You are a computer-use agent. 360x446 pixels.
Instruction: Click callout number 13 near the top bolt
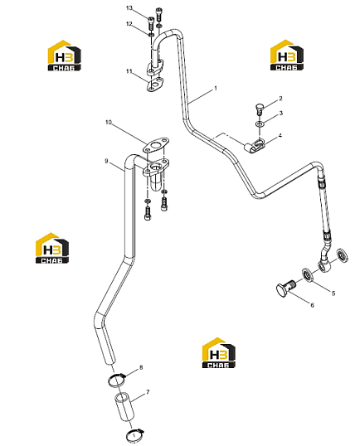129,8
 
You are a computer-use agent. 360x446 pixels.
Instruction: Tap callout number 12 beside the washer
129,24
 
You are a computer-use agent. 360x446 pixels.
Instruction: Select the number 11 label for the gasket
129,71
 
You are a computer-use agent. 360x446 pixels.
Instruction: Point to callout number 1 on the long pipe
216,89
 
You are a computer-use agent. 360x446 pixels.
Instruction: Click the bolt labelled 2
259,109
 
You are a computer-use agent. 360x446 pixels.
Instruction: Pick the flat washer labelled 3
260,124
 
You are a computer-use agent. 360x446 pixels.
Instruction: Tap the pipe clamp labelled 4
255,145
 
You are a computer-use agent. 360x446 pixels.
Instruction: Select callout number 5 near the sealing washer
333,293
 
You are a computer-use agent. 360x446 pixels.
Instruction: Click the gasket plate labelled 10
156,146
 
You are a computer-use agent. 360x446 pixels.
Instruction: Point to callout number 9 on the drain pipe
106,162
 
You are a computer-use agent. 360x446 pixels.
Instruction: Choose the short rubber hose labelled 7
124,407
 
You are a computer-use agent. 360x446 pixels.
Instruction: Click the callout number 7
148,392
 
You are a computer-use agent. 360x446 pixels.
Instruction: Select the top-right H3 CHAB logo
286,56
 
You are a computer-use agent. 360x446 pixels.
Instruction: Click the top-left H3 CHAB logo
64,56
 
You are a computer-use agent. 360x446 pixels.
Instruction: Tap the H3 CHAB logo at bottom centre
218,352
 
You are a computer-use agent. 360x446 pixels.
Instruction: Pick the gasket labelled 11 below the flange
156,85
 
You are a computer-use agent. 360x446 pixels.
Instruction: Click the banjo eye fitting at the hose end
324,264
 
